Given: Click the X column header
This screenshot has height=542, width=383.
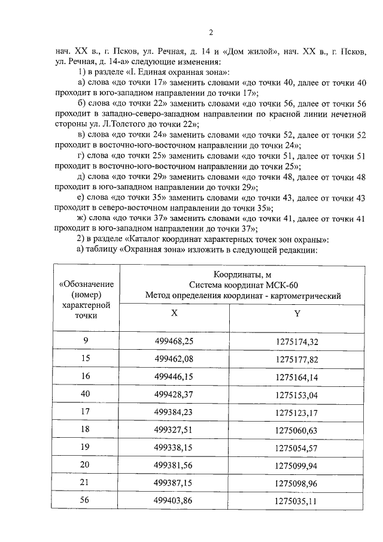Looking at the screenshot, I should [174, 313].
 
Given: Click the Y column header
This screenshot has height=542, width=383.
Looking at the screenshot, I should [297, 313].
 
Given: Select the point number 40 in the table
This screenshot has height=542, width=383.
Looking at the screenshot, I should [85, 395].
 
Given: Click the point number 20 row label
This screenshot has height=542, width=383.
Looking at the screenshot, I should [85, 465].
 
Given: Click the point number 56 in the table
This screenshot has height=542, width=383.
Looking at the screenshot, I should [85, 500].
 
